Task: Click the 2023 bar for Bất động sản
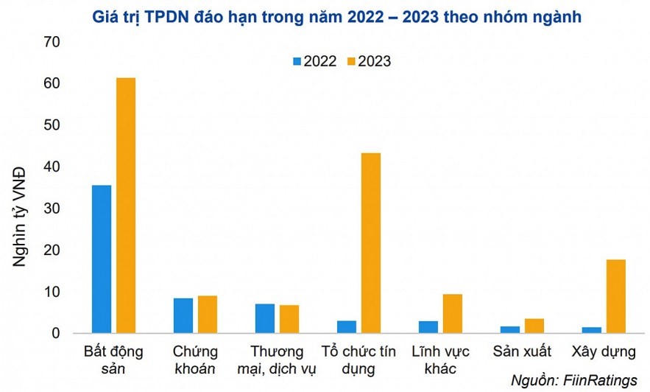click(126, 206)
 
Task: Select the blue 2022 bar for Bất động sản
click(102, 259)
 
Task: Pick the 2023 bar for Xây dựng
click(615, 296)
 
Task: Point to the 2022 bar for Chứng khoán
click(183, 315)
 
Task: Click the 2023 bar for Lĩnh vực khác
click(452, 314)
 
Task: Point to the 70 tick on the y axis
click(51, 43)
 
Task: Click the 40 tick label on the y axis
click(51, 167)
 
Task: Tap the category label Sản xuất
click(521, 351)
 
